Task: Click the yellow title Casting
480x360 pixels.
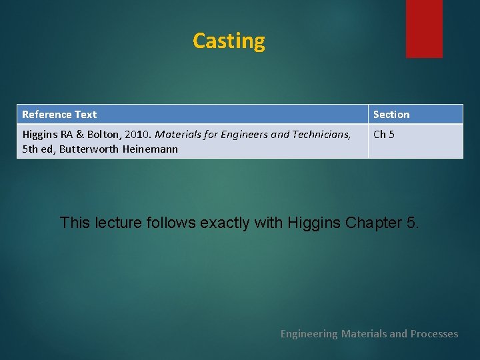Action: pyautogui.click(x=229, y=41)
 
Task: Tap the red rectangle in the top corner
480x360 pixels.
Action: pyautogui.click(x=424, y=28)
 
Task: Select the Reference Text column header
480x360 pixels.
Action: pyautogui.click(x=59, y=115)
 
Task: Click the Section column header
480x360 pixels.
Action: pyautogui.click(x=391, y=115)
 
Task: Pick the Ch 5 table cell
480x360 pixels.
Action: pyautogui.click(x=384, y=135)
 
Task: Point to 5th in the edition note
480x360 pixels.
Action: pyautogui.click(x=30, y=149)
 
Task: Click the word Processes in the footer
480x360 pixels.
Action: pyautogui.click(x=434, y=333)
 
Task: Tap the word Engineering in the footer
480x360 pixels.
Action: pyautogui.click(x=309, y=333)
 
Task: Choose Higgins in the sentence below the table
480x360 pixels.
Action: pyautogui.click(x=315, y=223)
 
